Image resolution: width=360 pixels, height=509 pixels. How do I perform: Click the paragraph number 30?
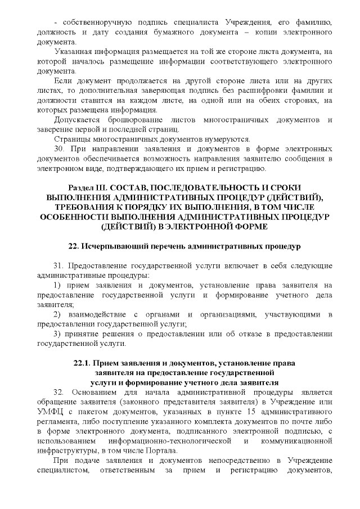[x=59, y=150]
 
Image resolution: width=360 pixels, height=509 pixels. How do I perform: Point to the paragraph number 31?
[x=59, y=265]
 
